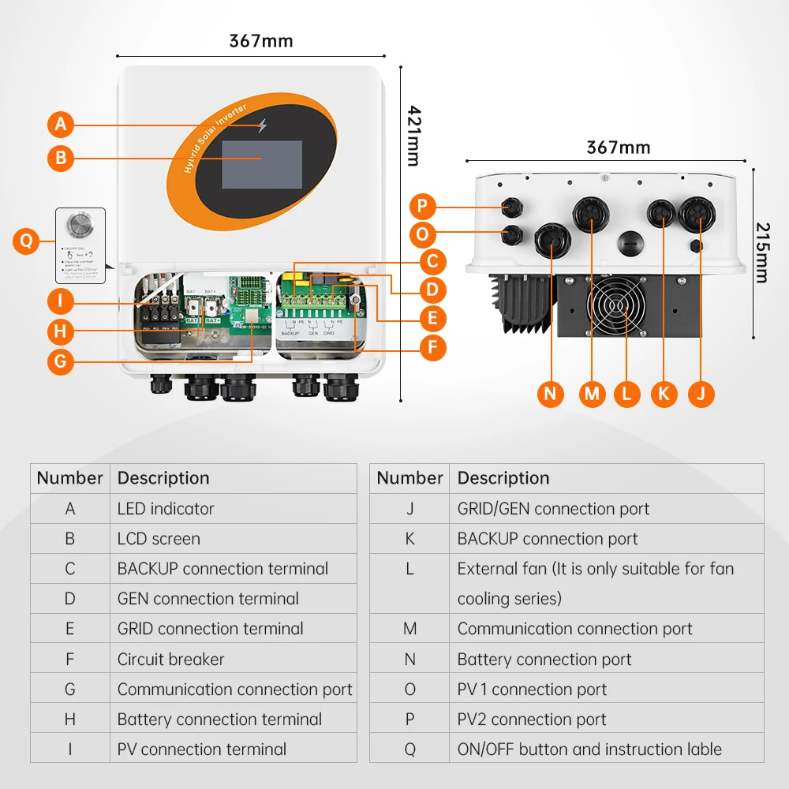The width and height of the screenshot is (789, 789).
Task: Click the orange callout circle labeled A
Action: [61, 124]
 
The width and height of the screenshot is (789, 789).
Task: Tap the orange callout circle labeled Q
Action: [27, 241]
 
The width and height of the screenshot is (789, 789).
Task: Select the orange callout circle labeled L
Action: [626, 393]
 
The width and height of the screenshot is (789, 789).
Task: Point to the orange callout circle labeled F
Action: [432, 348]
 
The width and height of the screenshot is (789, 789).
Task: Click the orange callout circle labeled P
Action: [424, 207]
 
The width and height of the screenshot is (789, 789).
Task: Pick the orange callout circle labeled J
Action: [701, 393]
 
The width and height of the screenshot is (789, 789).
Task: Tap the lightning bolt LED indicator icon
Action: [262, 125]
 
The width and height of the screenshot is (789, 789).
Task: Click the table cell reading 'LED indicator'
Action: [166, 509]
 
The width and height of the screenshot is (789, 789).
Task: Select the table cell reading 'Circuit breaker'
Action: [170, 659]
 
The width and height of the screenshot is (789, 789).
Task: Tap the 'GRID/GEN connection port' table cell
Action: [553, 509]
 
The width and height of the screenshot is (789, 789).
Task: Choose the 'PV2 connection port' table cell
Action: [532, 720]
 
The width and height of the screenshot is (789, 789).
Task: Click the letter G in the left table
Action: [69, 690]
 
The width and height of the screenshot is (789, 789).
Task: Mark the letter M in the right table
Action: [409, 629]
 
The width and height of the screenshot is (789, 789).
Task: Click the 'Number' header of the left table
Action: [69, 478]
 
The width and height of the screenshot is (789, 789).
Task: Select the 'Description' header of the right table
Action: [503, 478]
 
